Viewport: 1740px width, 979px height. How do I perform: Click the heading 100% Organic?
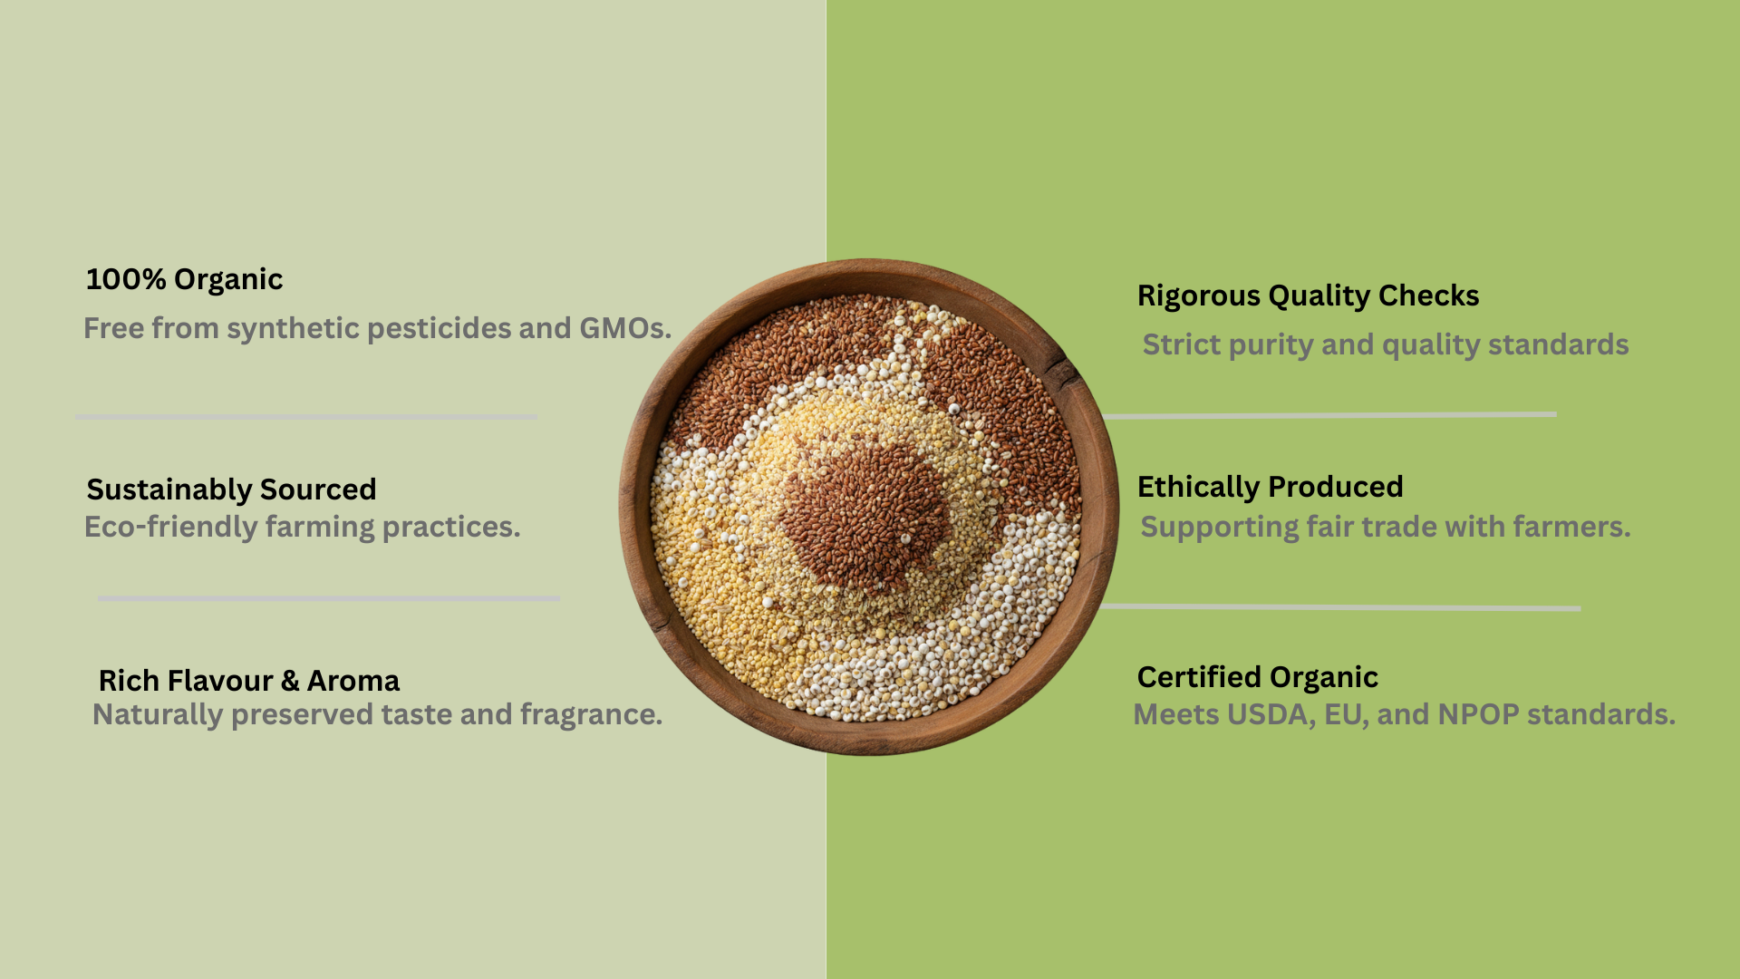pyautogui.click(x=184, y=280)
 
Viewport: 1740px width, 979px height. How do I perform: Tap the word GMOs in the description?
pyautogui.click(x=622, y=328)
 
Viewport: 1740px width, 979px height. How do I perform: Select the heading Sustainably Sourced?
pyautogui.click(x=231, y=489)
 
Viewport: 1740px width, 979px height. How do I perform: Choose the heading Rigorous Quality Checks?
pyautogui.click(x=1308, y=296)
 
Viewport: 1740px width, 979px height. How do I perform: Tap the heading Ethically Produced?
pyautogui.click(x=1270, y=487)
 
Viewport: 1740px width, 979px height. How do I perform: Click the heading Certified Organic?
pyautogui.click(x=1257, y=678)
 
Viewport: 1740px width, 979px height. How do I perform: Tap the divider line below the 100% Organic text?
pyautogui.click(x=306, y=417)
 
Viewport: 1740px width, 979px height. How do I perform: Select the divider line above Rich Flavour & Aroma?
pyautogui.click(x=328, y=598)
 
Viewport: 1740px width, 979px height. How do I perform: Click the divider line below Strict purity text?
pyautogui.click(x=1329, y=415)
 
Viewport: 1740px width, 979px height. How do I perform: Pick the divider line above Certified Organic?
pyautogui.click(x=1340, y=607)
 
